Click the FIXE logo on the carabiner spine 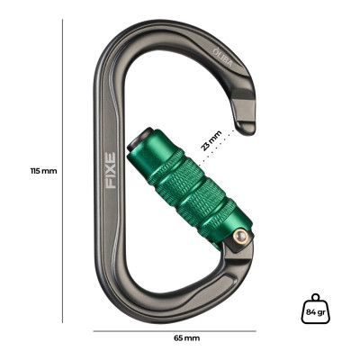coord(110,169)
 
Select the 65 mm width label coord(185,337)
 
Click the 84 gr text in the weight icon coord(314,311)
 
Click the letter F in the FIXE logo coord(110,182)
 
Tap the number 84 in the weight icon coord(310,311)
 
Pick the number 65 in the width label coord(178,337)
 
